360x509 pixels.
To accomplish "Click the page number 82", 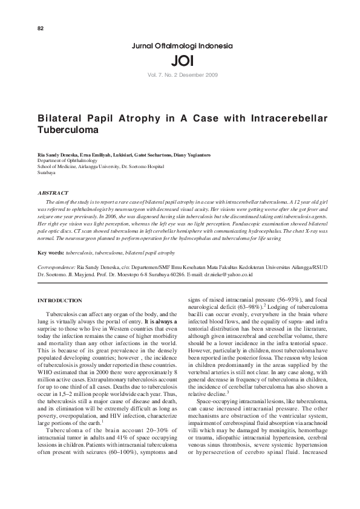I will [41, 29].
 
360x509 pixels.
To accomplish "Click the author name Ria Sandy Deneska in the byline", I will [56, 155].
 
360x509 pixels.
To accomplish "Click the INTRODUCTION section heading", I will [60, 300].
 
